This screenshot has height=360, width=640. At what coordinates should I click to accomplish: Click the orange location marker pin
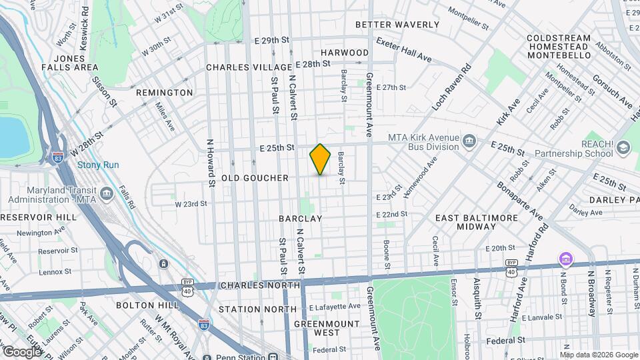click(320, 159)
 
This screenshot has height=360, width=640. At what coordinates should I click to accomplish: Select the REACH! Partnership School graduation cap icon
click(623, 147)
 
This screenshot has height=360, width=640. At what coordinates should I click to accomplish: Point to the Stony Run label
click(98, 165)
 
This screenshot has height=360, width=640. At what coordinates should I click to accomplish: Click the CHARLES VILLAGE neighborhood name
click(249, 67)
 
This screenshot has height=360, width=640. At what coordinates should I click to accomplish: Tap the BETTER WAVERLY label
click(397, 25)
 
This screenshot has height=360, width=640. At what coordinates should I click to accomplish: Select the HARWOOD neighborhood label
click(344, 52)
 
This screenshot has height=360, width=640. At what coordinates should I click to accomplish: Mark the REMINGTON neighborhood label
click(164, 93)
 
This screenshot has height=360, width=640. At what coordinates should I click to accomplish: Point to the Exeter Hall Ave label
click(403, 51)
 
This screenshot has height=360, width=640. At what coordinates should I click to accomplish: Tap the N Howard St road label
click(210, 162)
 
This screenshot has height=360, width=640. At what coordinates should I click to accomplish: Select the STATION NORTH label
click(257, 309)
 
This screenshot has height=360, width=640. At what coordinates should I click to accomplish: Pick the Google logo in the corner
click(21, 351)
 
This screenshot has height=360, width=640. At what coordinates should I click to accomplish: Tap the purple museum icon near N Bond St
click(565, 258)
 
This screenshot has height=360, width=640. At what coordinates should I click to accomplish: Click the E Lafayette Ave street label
click(335, 307)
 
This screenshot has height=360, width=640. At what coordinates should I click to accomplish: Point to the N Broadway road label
click(591, 293)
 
